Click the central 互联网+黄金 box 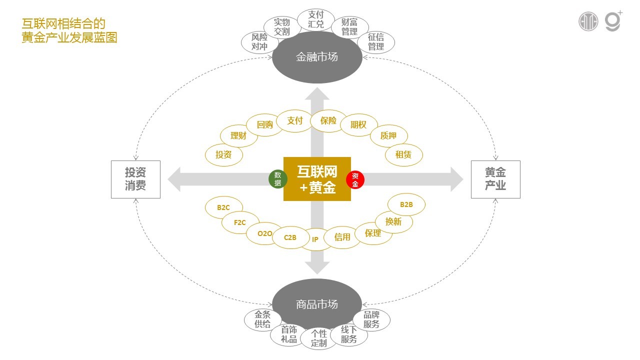317,179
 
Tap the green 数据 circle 277,179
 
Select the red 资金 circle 355,179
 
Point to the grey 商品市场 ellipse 316,304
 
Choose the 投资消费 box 135,179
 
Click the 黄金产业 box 495,179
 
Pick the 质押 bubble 388,135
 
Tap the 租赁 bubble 403,155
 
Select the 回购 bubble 265,125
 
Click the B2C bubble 223,207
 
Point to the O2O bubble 265,233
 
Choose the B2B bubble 406,204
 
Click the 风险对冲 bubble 259,42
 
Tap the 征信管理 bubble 376,42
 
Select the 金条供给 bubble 262,319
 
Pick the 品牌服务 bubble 371,319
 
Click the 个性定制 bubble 318,338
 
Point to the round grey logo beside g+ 588,21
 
